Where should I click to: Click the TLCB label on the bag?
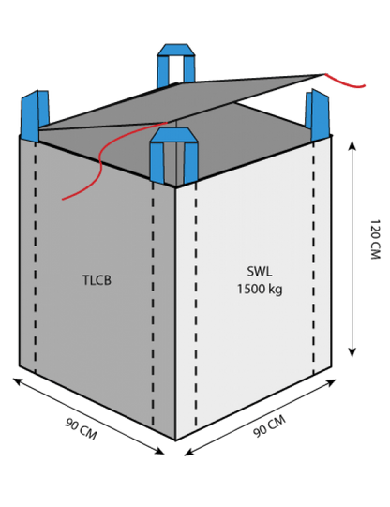point(97,280)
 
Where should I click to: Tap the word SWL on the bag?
point(260,271)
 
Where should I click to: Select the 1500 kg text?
point(260,289)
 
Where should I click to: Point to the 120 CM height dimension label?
point(375,239)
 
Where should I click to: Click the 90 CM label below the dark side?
point(81,429)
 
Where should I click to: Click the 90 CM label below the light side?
point(269,426)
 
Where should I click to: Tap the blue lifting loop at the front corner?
point(173,156)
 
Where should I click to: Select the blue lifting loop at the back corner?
point(176,65)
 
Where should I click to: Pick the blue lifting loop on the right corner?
point(319,114)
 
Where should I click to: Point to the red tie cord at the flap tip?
point(344,82)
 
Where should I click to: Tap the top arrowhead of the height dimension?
point(352,145)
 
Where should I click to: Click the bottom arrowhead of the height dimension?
point(352,352)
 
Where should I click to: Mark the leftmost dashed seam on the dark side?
point(36,258)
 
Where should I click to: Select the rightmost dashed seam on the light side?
point(313,258)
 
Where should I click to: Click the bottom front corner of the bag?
point(175,440)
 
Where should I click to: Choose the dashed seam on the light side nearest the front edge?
point(196,306)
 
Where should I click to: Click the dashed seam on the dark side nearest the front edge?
point(153,304)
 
